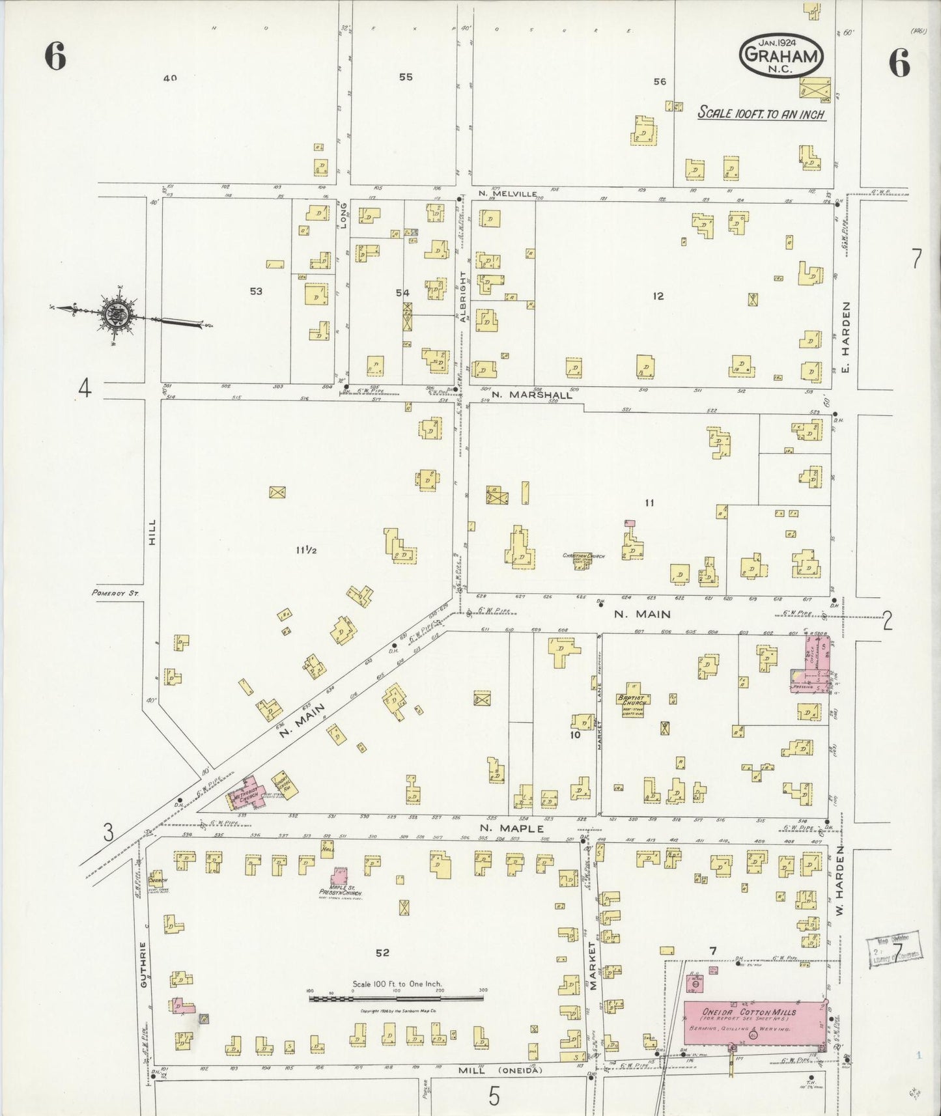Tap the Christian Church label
coord(583,557)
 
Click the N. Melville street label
coord(507,193)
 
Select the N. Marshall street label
coord(532,394)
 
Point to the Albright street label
coord(464,296)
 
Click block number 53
coord(256,291)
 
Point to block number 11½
coord(306,550)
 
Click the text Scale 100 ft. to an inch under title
coord(761,113)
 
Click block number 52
coord(382,953)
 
